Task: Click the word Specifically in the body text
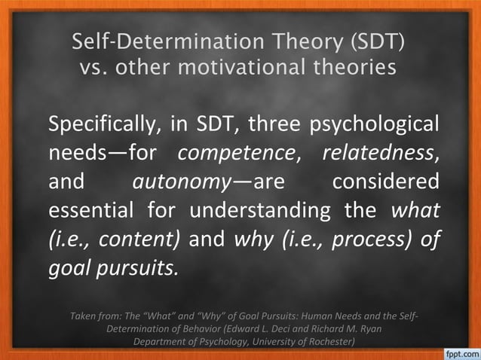(105, 124)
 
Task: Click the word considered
(385, 182)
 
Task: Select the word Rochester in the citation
(321, 340)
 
